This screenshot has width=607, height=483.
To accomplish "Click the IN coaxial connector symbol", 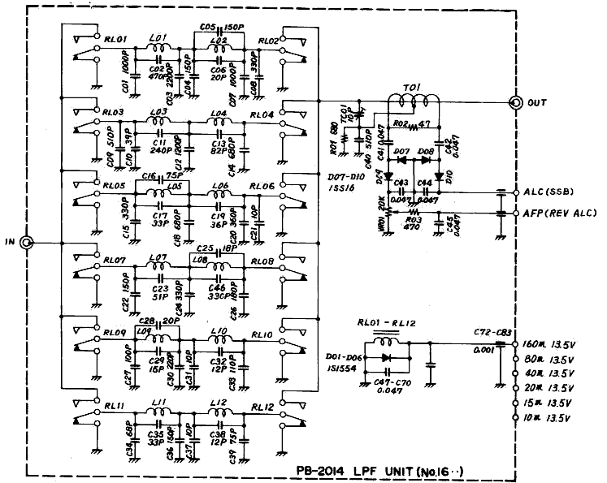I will [26, 242].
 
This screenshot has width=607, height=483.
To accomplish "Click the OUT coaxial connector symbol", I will [514, 103].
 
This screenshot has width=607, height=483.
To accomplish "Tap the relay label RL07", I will [114, 261].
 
